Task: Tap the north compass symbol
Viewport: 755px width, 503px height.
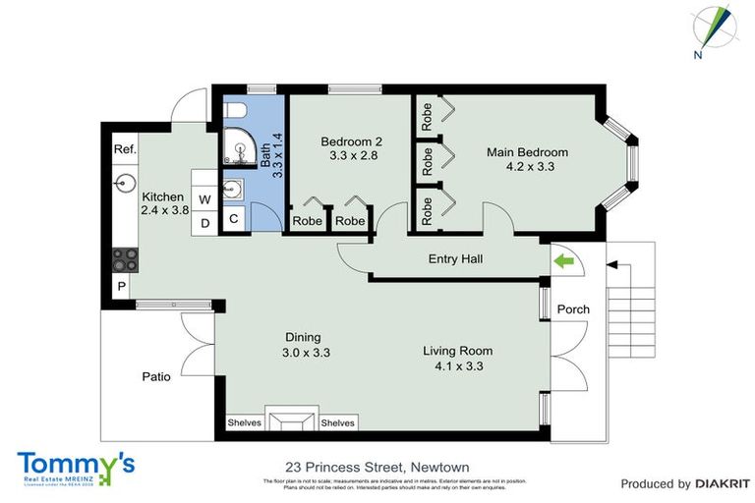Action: coord(713,28)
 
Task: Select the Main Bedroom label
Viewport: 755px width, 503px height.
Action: coord(527,152)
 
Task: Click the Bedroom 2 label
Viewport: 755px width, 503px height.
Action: coord(351,141)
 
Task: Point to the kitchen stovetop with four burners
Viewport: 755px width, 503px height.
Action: coord(126,259)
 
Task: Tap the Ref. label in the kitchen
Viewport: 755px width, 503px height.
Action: coord(125,149)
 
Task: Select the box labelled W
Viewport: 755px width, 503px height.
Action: coord(204,199)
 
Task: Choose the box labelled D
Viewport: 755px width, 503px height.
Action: coord(204,223)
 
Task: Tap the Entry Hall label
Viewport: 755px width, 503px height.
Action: coord(455,259)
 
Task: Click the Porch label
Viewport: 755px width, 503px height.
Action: coord(573,309)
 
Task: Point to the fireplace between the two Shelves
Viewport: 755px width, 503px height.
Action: coord(290,421)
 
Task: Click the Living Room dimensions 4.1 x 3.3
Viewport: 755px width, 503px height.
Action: coord(457,366)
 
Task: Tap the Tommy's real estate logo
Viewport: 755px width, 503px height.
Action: coord(75,466)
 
